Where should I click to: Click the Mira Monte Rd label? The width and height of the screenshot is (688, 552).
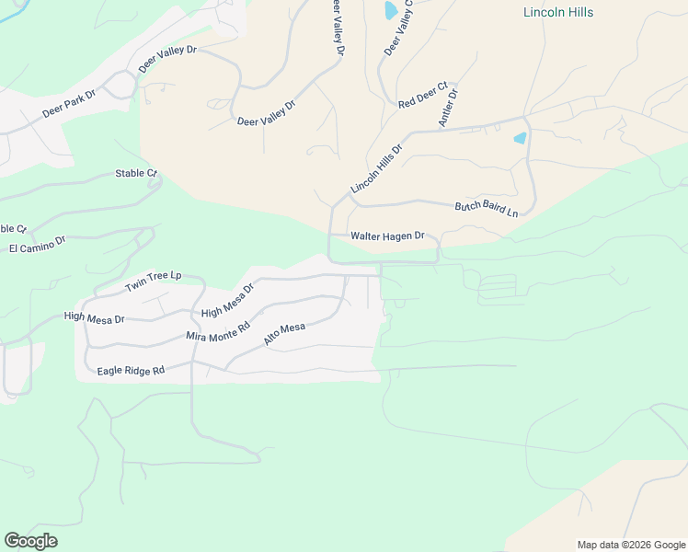point(218,332)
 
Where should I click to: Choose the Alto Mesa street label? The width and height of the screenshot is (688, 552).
point(284,334)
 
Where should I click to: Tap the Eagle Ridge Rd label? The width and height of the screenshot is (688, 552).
point(131,371)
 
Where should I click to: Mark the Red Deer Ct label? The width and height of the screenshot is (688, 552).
point(422,96)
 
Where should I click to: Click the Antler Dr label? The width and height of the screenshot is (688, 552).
point(449,107)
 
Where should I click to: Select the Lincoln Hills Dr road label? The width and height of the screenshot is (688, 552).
point(377,168)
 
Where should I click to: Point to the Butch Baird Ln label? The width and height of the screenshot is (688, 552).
point(487,209)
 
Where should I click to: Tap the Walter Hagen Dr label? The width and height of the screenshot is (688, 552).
point(387,236)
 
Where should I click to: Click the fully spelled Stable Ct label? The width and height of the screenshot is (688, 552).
point(137,173)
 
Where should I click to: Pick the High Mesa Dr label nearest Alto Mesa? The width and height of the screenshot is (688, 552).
point(227,300)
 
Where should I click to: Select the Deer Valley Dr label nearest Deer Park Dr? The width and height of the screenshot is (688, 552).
point(168,60)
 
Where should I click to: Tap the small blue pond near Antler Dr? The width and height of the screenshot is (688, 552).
point(521,138)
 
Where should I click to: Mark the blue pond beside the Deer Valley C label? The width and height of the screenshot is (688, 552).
point(390,10)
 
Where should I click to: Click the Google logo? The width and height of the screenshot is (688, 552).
point(30,541)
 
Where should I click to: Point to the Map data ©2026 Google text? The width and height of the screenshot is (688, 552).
point(630,545)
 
